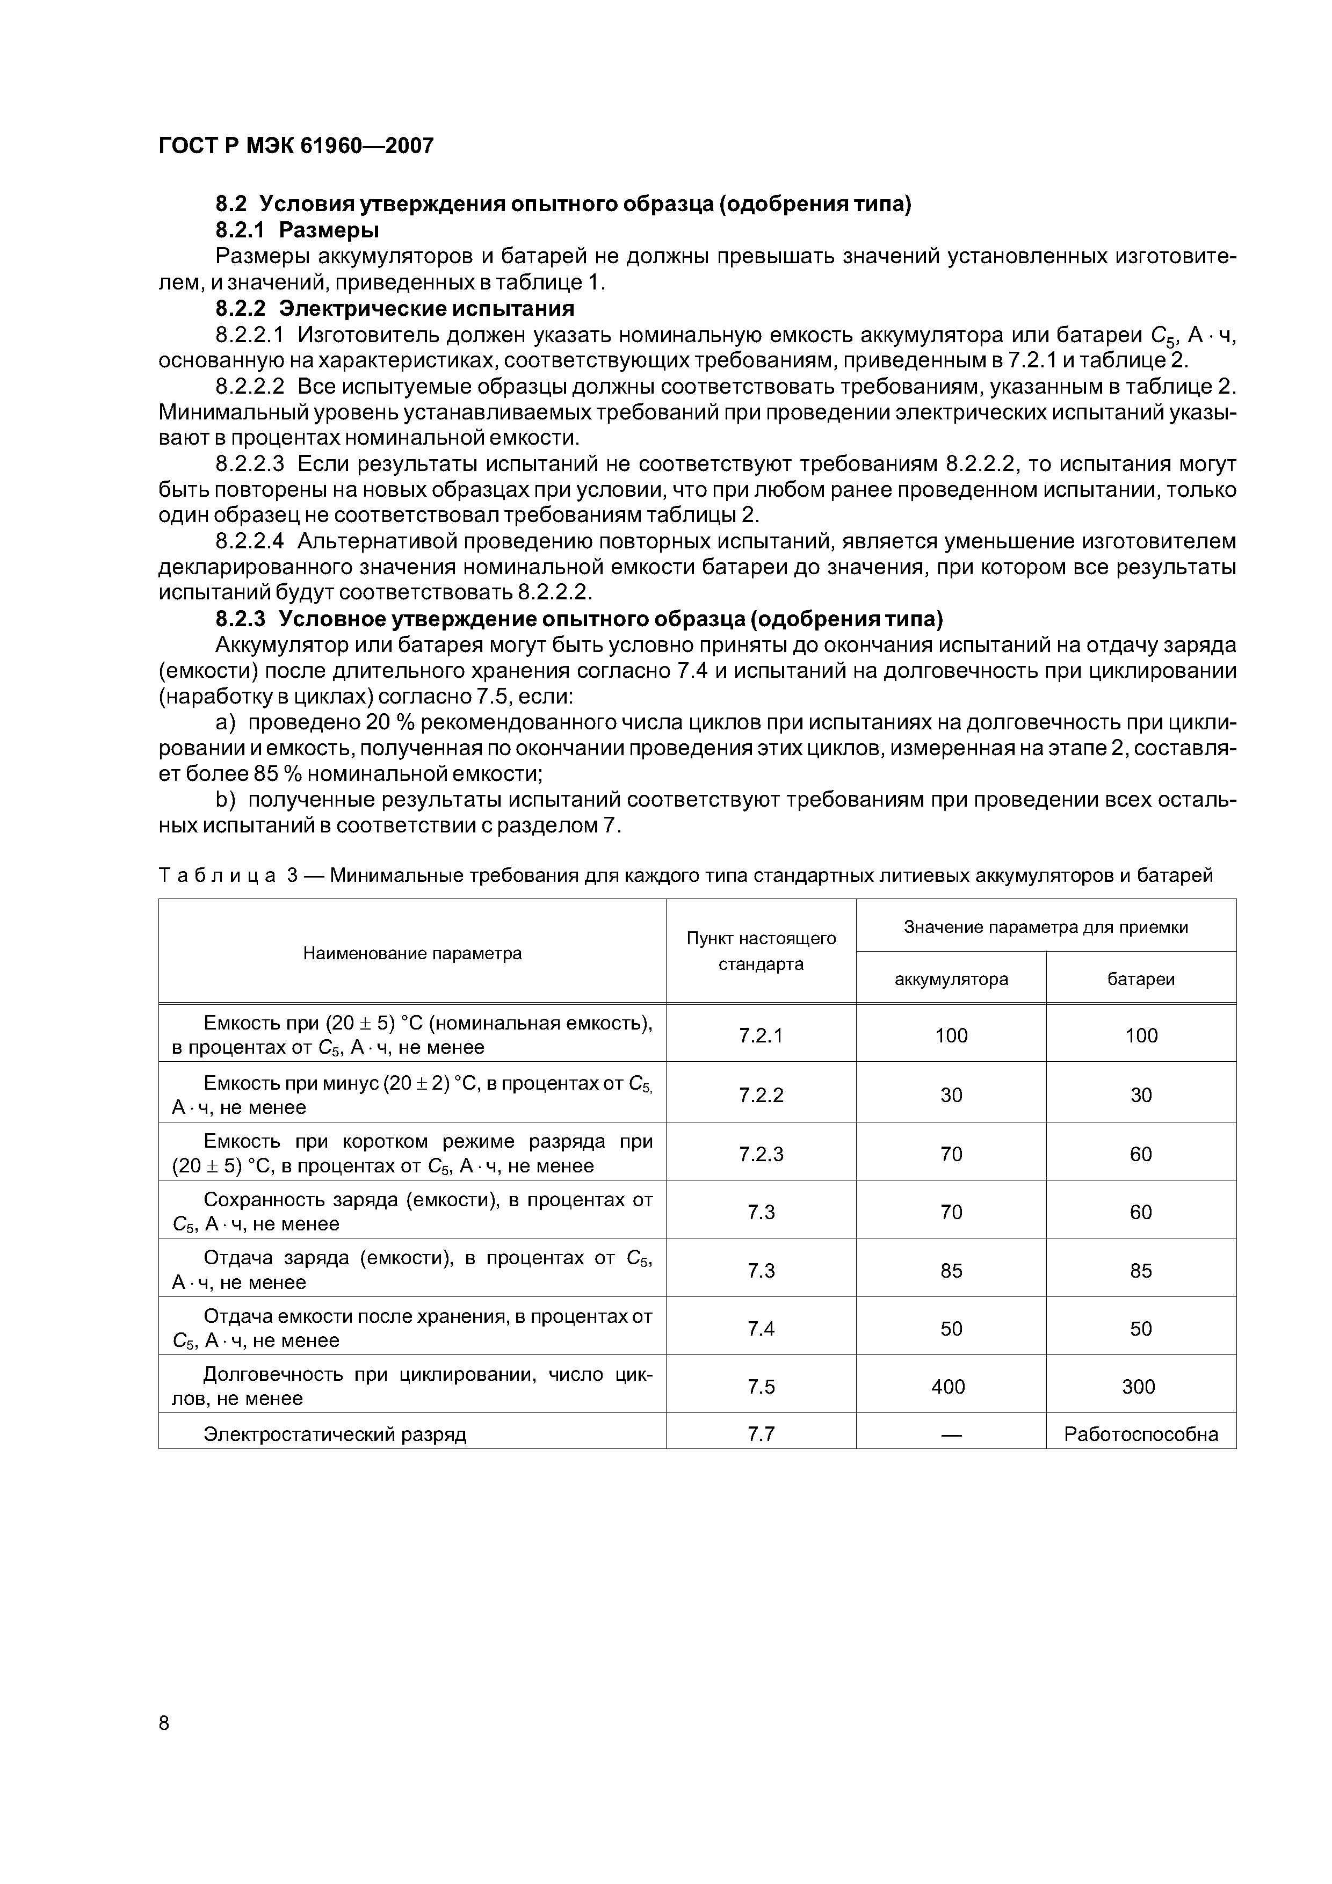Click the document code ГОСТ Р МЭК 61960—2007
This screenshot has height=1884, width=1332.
point(295,146)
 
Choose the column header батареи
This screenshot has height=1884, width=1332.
point(1141,979)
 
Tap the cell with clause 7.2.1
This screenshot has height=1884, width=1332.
point(761,1035)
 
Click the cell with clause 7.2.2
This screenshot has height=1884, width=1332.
point(761,1095)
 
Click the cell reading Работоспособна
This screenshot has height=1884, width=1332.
point(1141,1434)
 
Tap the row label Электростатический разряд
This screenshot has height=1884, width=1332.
point(335,1434)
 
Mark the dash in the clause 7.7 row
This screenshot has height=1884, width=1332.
point(950,1434)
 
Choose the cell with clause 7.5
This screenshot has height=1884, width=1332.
point(761,1387)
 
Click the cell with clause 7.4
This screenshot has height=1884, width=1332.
point(761,1329)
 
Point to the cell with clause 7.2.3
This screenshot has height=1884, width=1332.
point(761,1154)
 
